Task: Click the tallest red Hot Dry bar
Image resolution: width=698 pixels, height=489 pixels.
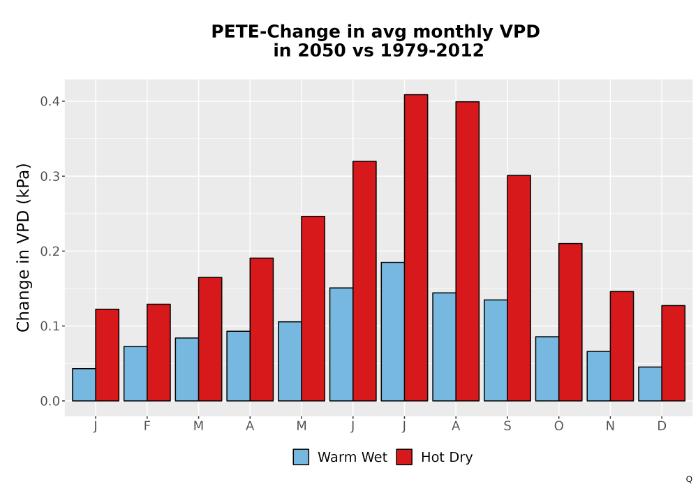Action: point(416,247)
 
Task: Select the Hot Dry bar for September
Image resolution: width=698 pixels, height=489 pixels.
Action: point(519,288)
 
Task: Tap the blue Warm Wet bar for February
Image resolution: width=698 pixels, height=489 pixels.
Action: point(135,374)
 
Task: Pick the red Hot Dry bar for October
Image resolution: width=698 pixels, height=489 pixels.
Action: point(570,322)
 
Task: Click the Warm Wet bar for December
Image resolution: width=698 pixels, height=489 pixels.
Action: point(650,384)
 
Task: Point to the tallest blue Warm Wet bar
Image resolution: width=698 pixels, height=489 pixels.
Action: point(392,332)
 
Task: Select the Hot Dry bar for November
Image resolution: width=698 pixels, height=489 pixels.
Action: point(622,346)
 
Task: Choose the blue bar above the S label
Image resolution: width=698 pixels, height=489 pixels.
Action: point(496,351)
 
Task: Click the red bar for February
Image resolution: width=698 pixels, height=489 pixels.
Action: point(158,352)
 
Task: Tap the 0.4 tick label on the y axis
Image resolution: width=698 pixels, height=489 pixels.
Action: point(50,101)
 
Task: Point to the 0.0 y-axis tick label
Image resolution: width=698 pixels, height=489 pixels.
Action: point(50,401)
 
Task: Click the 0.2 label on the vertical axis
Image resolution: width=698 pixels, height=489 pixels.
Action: point(50,251)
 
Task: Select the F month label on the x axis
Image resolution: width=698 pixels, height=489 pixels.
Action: point(147,426)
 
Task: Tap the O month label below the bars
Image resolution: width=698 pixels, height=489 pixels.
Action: point(558,426)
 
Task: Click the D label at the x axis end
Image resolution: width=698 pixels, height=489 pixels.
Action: point(662,426)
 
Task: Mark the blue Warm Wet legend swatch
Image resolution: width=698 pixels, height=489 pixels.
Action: point(301,457)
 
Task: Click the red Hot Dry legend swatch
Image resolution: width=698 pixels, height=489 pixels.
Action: point(404,457)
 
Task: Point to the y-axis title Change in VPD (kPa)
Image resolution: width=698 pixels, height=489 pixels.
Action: point(23,248)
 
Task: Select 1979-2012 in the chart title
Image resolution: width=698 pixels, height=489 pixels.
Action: point(432,50)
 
